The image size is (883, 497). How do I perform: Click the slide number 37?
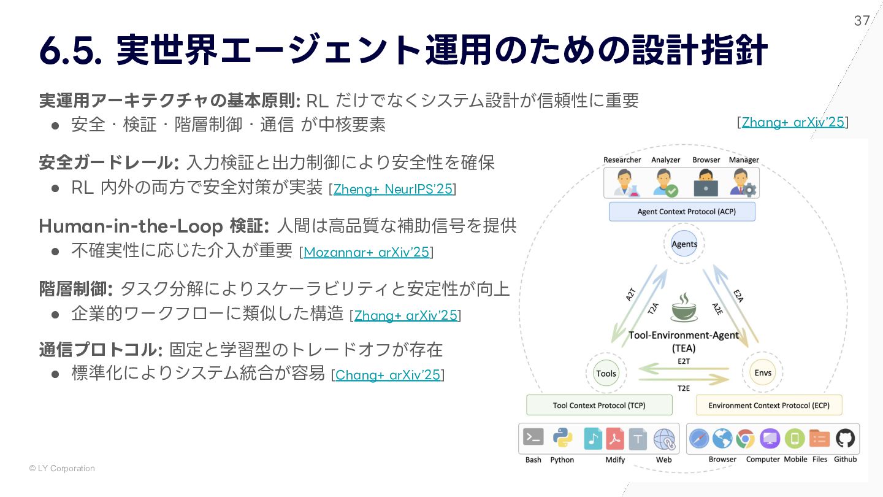862,21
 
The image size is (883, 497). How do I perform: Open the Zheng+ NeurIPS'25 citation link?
392,189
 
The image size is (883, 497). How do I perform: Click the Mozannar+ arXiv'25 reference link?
366,252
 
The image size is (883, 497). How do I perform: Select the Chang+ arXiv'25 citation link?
388,375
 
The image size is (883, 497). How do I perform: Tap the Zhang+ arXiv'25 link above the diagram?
792,122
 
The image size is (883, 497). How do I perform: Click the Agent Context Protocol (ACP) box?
682,212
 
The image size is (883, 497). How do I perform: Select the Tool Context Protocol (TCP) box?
599,405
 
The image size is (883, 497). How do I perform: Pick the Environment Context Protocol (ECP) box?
768,405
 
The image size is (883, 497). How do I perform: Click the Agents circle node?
684,244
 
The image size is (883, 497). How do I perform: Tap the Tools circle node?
606,373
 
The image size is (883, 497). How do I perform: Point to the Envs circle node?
763,372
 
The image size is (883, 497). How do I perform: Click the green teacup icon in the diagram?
684,307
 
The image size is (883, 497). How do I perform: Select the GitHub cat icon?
845,438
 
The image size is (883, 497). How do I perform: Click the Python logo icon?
562,438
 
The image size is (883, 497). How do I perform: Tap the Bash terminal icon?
533,437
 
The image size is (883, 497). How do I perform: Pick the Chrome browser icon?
745,438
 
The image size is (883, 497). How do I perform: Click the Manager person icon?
743,183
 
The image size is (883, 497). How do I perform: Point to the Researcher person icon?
623,183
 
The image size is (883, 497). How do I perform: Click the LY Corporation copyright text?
62,469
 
